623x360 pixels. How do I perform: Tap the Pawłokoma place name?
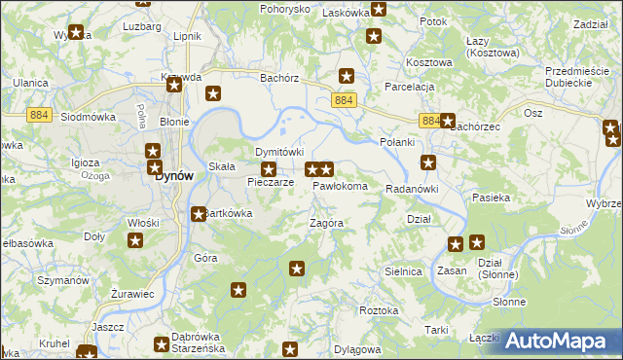(340, 186)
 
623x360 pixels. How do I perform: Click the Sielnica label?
(403, 271)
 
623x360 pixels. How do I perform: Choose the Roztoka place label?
(379, 310)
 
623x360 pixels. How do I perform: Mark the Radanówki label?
(413, 189)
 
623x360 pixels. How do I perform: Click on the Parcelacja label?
(408, 87)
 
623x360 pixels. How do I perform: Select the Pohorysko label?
(284, 9)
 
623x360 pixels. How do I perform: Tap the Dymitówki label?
(279, 153)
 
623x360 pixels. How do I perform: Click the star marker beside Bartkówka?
(199, 214)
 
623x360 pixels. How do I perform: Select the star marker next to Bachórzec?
(447, 122)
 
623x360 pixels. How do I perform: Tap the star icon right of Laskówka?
(379, 10)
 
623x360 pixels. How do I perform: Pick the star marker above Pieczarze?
(270, 169)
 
